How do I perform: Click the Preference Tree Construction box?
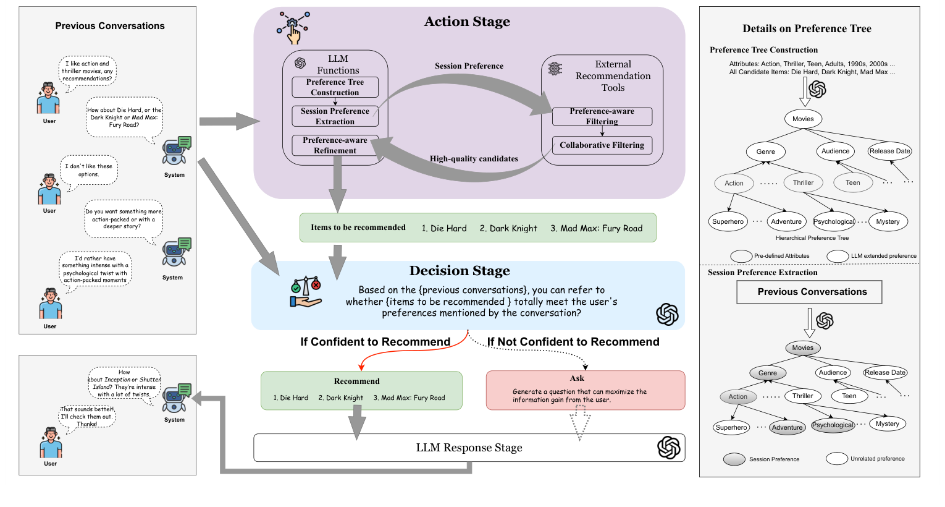(335, 87)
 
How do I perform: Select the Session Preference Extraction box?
(335, 116)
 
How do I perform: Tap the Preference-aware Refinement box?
(335, 145)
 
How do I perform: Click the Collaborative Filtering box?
(602, 145)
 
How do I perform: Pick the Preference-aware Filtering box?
(602, 116)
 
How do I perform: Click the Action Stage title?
(467, 22)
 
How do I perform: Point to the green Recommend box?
(361, 390)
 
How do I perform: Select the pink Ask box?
(585, 390)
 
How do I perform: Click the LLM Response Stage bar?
(469, 448)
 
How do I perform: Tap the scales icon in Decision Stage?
(306, 292)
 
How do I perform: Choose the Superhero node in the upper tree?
(728, 221)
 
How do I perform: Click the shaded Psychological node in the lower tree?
(832, 425)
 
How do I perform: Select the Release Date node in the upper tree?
(889, 151)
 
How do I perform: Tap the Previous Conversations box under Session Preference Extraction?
(809, 292)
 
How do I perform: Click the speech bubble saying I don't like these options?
(89, 171)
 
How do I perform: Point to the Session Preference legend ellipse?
(734, 459)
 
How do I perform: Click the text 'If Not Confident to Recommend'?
(573, 342)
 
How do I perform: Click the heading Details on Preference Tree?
(807, 28)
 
